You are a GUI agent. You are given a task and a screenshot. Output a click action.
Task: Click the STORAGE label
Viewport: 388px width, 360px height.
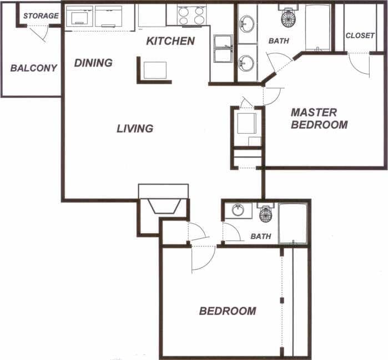[41, 16]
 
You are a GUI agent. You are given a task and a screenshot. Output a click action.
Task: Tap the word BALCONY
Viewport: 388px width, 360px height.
[34, 68]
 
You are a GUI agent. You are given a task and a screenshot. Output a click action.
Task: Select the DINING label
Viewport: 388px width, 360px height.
[93, 63]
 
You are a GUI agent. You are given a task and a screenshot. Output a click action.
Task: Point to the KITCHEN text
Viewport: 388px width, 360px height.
[170, 41]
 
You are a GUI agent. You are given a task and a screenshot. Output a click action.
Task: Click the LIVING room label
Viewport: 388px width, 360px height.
[135, 129]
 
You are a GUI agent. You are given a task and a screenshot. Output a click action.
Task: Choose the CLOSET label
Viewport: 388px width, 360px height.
[360, 36]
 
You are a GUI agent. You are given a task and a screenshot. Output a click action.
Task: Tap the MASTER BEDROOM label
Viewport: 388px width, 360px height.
[319, 118]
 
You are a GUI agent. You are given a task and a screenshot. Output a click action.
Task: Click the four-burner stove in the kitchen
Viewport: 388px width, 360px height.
[192, 15]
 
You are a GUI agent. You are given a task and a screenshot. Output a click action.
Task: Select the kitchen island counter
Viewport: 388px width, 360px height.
[155, 70]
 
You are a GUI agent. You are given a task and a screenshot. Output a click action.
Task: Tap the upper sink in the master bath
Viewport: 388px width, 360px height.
[247, 24]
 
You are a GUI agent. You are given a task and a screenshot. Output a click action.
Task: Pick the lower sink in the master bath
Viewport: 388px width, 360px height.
[247, 62]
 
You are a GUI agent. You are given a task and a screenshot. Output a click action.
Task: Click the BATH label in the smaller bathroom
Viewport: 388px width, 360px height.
[261, 236]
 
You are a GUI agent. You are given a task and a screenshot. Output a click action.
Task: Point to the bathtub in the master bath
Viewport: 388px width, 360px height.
[318, 27]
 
